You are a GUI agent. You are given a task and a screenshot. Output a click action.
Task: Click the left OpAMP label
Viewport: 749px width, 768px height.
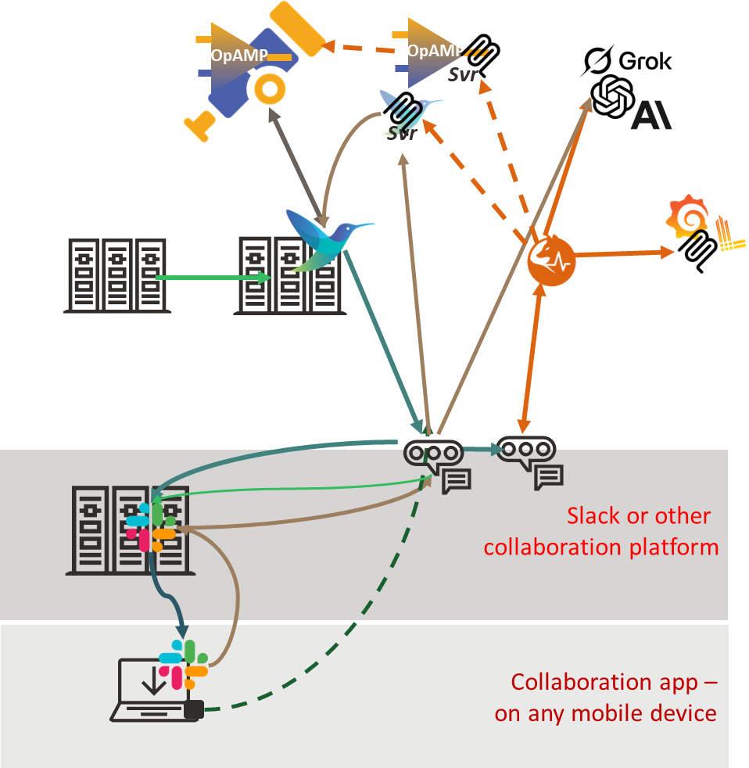click(239, 56)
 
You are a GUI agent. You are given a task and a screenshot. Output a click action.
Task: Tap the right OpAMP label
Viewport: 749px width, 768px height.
click(435, 50)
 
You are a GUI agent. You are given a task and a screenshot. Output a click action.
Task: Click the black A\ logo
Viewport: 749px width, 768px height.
click(650, 116)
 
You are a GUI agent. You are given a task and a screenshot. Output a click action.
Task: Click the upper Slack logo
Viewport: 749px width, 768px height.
click(151, 526)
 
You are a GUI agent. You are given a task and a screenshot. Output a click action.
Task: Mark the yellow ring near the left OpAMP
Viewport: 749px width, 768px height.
click(269, 90)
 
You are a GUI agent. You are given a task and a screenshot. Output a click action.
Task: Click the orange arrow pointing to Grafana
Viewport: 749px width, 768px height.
click(625, 253)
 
